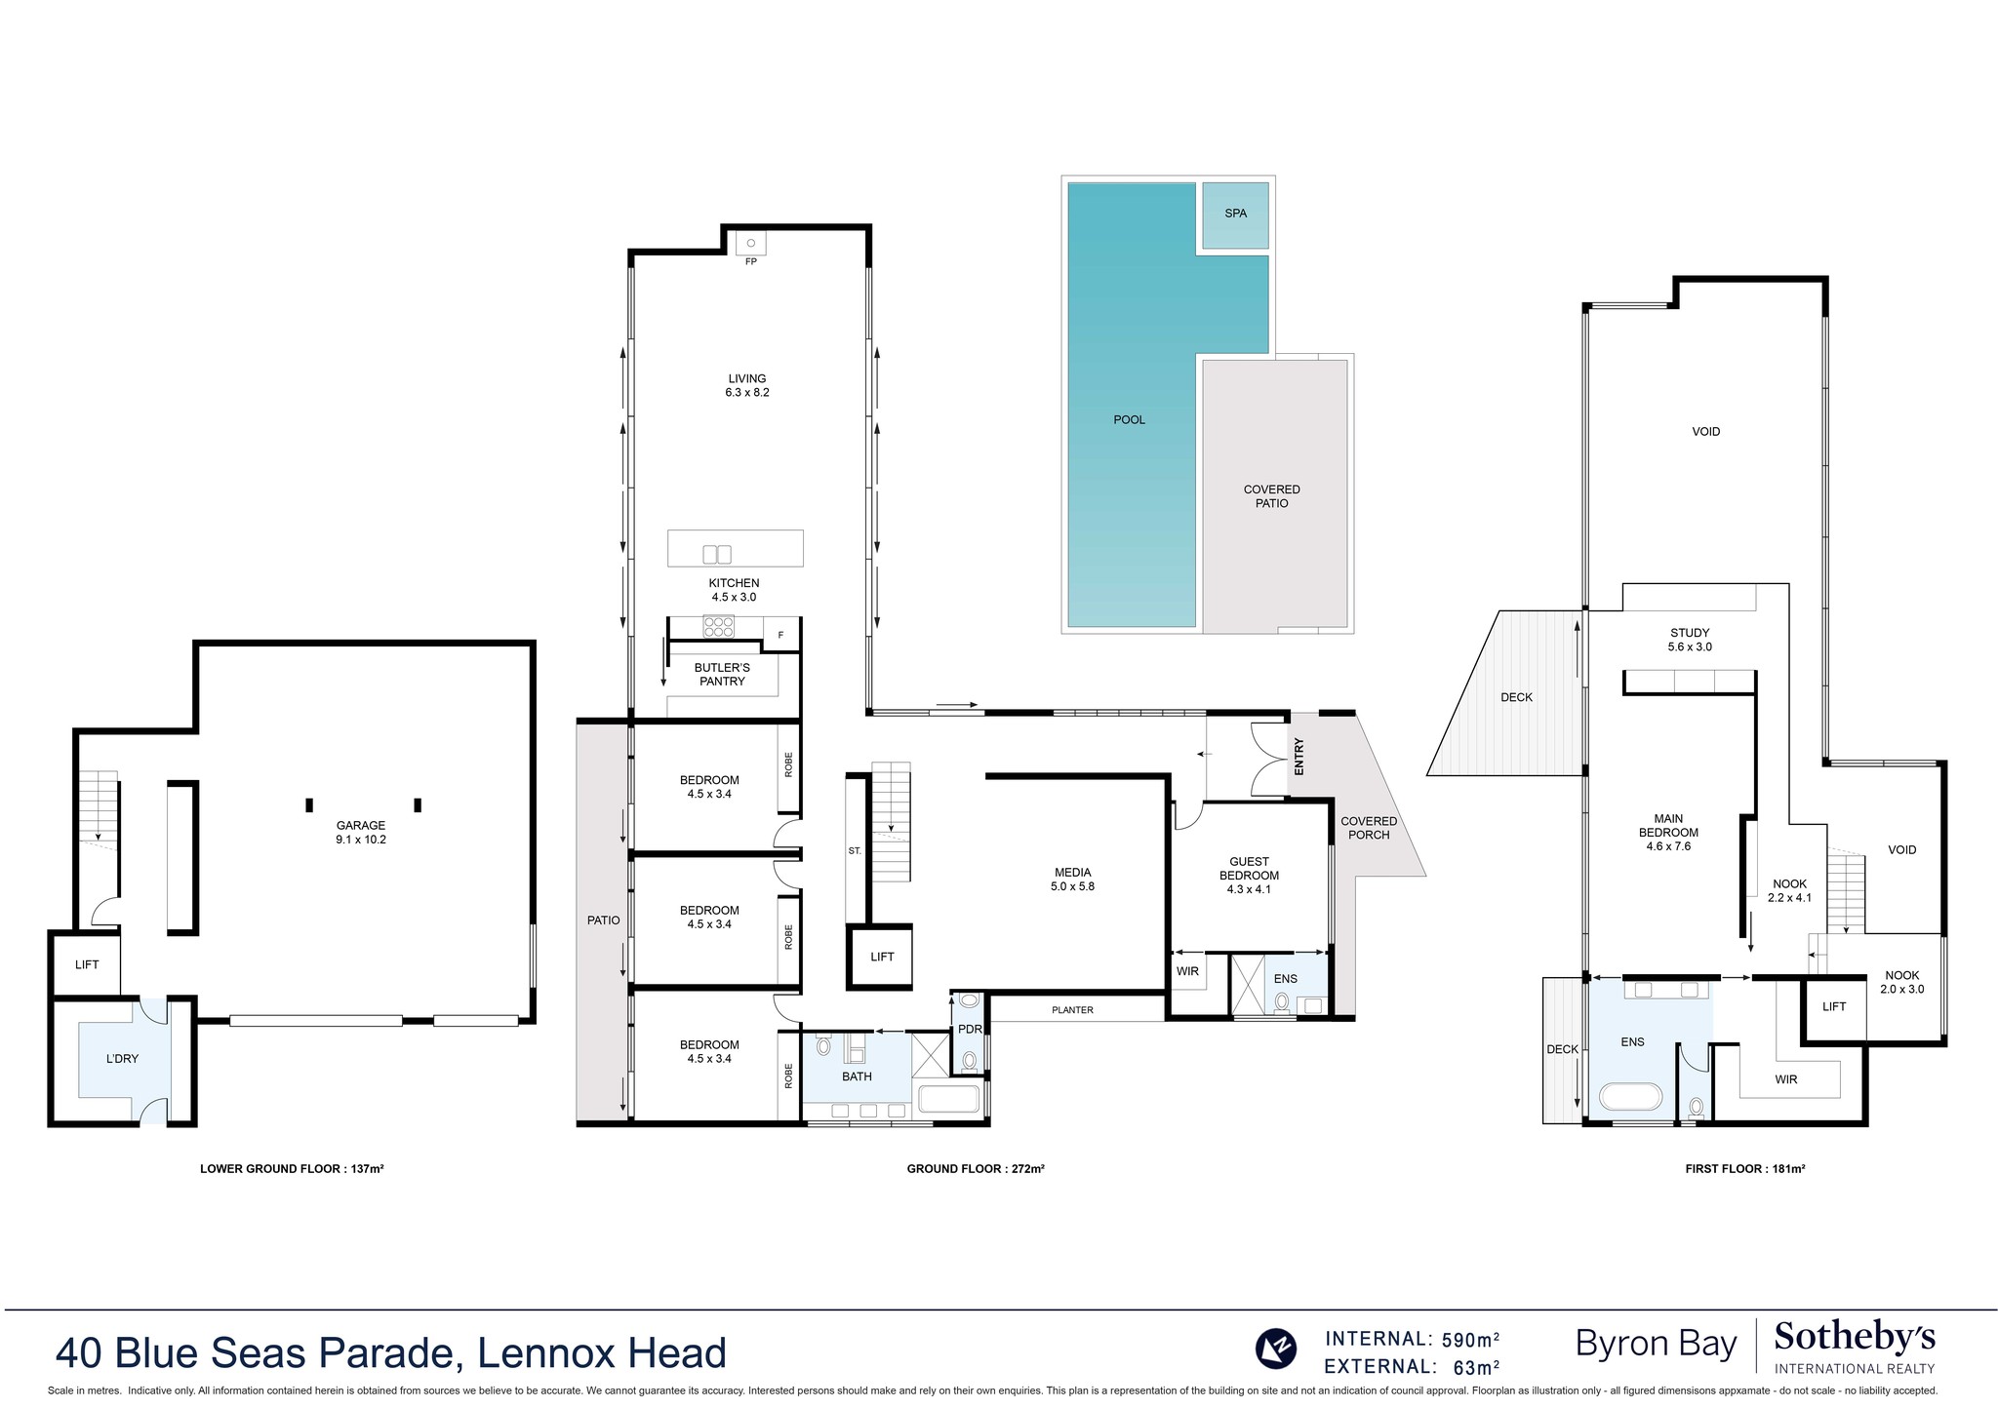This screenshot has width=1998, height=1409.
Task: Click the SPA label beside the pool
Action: [x=1235, y=214]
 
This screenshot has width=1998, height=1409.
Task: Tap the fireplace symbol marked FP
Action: [x=750, y=244]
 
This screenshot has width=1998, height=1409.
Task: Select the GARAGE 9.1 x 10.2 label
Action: [x=361, y=832]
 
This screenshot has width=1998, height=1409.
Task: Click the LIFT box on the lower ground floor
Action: [x=87, y=964]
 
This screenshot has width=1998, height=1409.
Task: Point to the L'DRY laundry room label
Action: [x=122, y=1058]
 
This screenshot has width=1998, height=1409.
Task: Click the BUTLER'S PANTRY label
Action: [x=722, y=674]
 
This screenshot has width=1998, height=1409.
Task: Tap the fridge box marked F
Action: [x=780, y=636]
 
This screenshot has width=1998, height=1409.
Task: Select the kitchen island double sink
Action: [x=717, y=554]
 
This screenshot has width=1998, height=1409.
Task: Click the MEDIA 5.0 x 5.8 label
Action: [x=1072, y=880]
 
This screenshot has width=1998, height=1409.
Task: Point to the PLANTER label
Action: [x=1072, y=1010]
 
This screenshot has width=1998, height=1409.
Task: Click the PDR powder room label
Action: [x=969, y=1029]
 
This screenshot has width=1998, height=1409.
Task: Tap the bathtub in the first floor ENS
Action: [x=1630, y=1096]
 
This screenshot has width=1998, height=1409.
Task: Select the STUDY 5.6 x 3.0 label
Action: [x=1689, y=640]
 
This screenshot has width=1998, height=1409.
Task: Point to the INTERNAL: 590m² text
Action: [x=1412, y=1339]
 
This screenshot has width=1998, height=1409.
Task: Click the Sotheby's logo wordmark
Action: [x=1855, y=1338]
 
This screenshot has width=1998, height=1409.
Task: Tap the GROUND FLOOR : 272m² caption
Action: [x=975, y=1168]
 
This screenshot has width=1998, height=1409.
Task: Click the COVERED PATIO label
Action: [x=1271, y=496]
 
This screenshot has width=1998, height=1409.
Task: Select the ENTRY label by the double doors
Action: [x=1299, y=757]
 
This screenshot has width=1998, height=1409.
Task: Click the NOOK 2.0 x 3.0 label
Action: [x=1901, y=982]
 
